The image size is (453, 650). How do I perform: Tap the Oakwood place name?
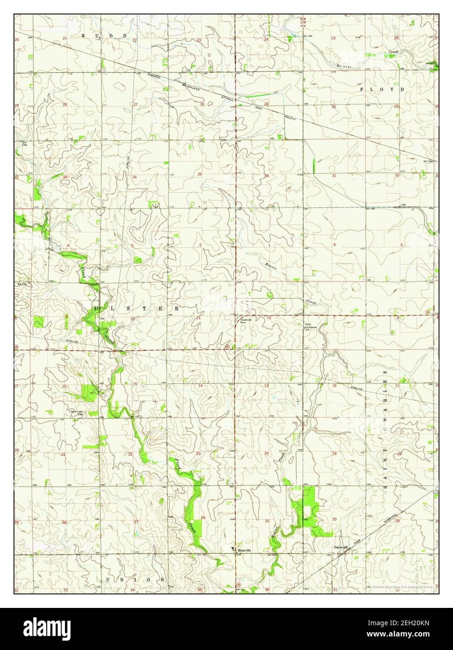pyautogui.click(x=340, y=547)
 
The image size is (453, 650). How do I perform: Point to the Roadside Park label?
pyautogui.click(x=246, y=321)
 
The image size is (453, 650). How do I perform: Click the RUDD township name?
pyautogui.click(x=104, y=36)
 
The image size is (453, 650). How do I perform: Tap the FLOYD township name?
pyautogui.click(x=382, y=88)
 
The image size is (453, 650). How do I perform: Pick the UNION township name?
pyautogui.click(x=135, y=579)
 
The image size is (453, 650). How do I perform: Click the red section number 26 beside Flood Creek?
pyautogui.click(x=203, y=518)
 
